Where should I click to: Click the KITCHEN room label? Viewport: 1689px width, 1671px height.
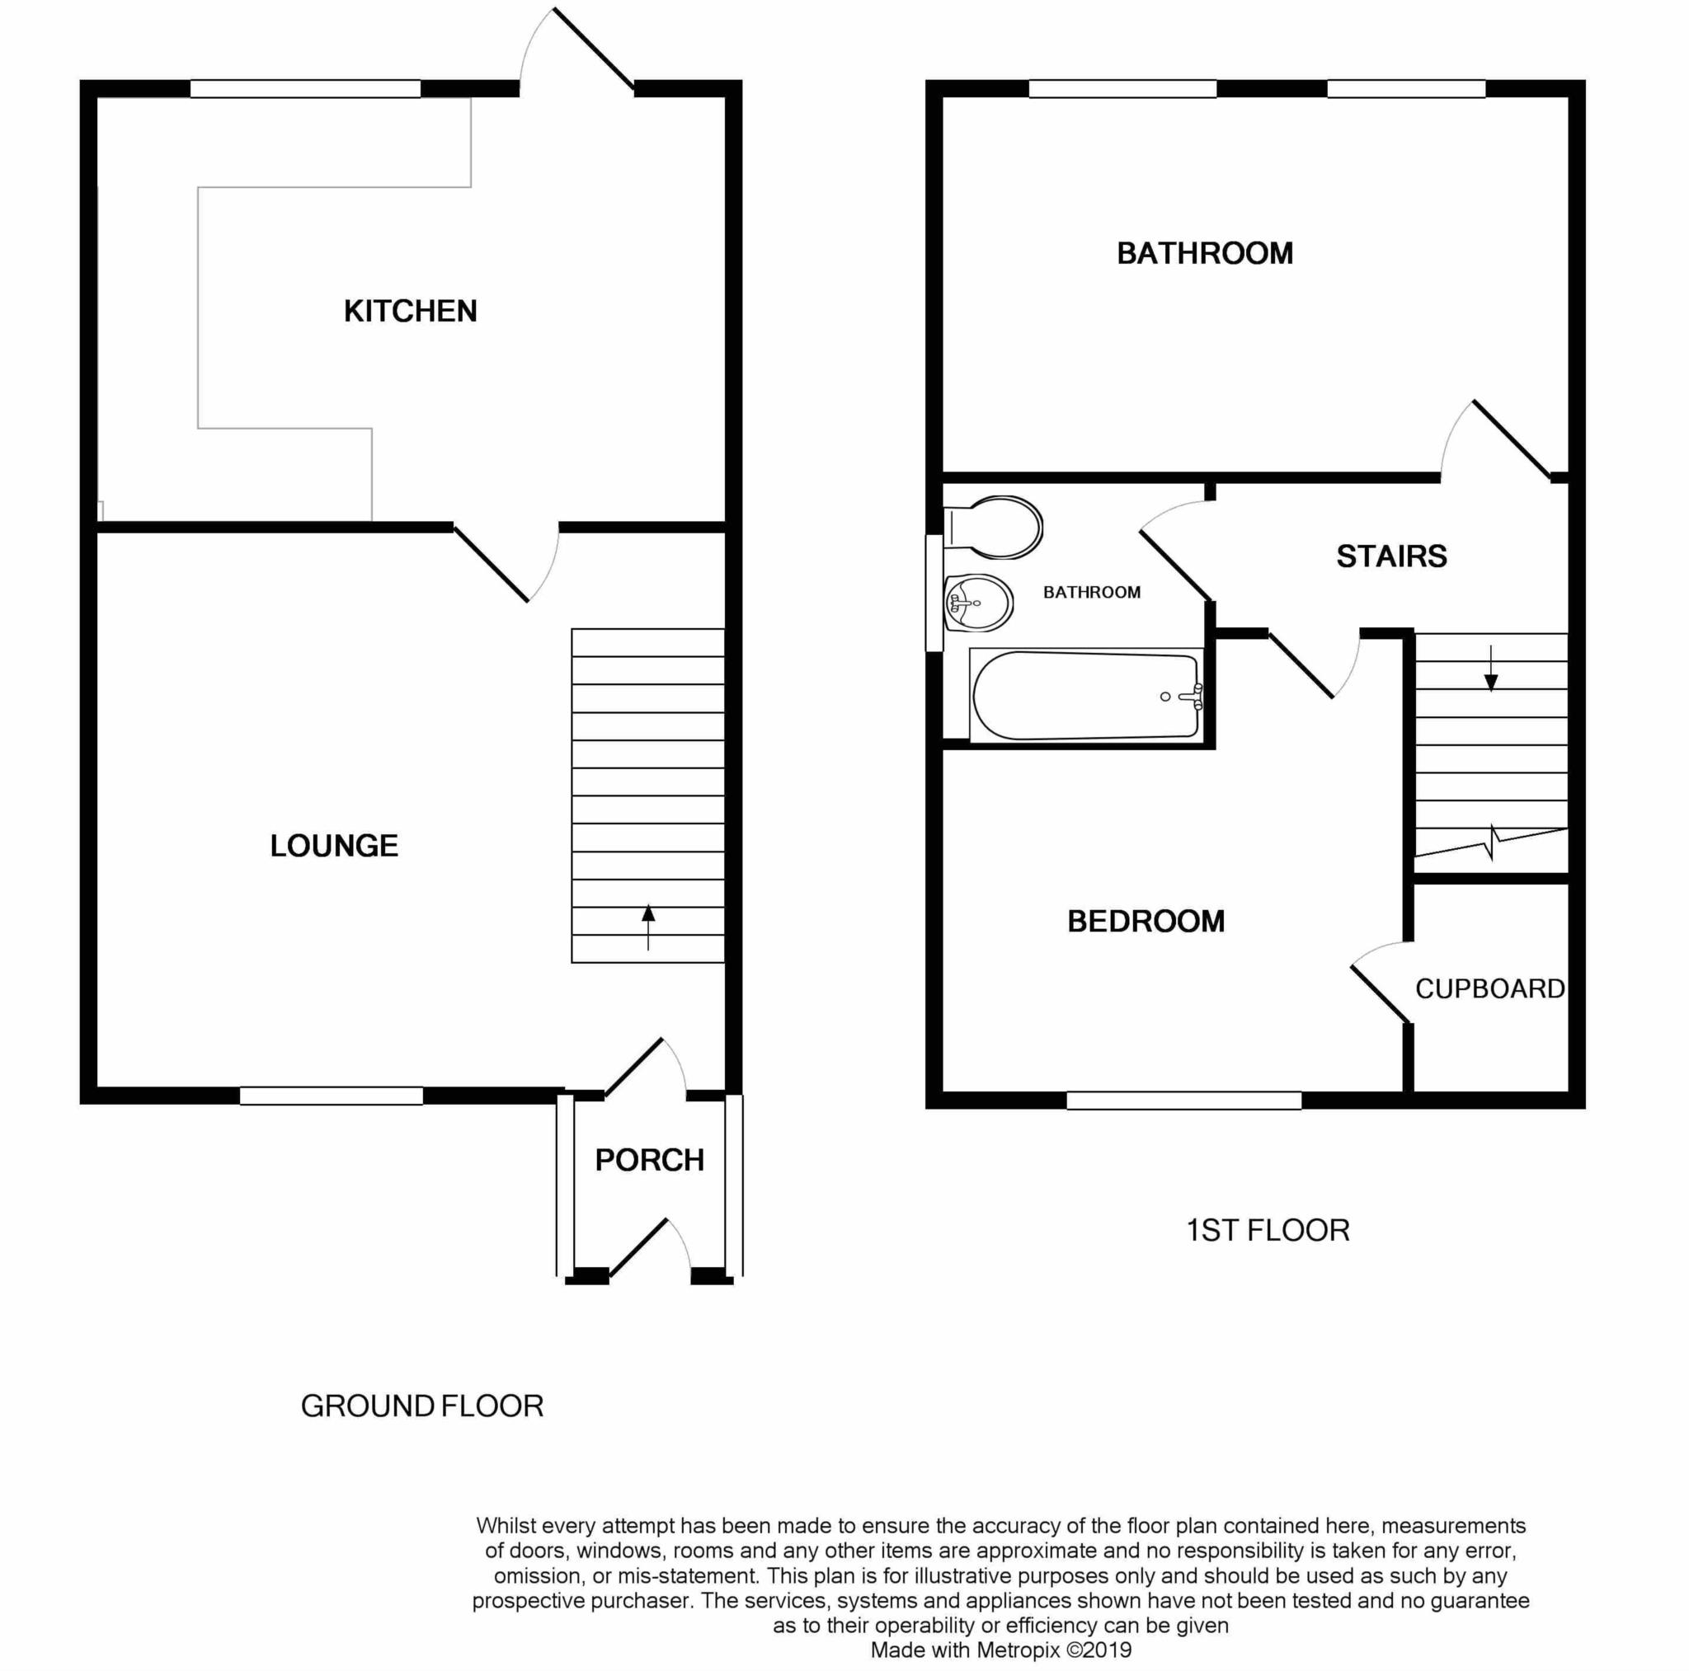(410, 311)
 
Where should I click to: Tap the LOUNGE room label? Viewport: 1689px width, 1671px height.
(334, 845)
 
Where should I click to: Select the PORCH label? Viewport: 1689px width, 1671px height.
(650, 1160)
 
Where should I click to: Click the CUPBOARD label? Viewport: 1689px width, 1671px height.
(1489, 988)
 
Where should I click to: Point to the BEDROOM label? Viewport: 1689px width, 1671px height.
(1146, 921)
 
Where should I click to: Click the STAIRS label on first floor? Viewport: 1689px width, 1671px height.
(1392, 556)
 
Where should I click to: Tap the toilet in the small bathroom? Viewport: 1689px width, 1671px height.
(996, 527)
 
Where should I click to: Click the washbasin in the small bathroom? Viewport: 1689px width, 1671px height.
(978, 602)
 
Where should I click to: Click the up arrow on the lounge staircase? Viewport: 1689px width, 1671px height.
(647, 926)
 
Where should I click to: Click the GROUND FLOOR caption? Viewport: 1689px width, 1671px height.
(422, 1406)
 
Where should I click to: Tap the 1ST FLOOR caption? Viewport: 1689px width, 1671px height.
(1268, 1231)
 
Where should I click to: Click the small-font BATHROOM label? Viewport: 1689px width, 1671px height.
(1092, 593)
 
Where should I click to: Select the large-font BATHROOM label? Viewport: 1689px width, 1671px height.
(1205, 253)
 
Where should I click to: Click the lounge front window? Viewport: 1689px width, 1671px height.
(332, 1095)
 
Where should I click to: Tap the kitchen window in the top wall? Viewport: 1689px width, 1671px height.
(305, 88)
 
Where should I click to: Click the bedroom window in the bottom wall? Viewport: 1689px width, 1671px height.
(1183, 1101)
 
